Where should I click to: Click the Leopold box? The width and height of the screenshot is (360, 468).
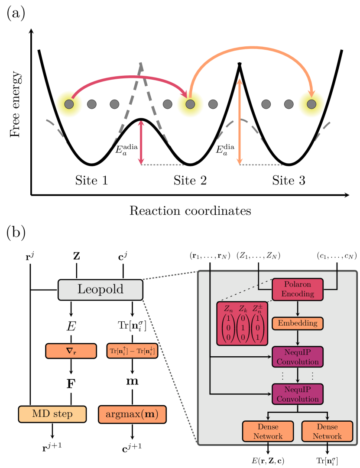point(101,290)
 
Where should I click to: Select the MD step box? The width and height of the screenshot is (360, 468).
point(52,414)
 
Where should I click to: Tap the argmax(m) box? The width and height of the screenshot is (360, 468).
point(132,414)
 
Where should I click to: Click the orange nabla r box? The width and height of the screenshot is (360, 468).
point(71,351)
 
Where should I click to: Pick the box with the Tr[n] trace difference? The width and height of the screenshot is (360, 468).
point(132,351)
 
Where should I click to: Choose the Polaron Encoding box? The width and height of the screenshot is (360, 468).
point(298,289)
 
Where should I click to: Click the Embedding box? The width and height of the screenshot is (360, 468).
point(298,323)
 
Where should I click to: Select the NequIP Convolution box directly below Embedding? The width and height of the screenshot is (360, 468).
point(298,357)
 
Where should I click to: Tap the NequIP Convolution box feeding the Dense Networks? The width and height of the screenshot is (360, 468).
point(298,394)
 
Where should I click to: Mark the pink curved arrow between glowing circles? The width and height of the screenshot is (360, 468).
point(130,78)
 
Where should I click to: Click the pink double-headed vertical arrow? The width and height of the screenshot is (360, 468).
point(141,143)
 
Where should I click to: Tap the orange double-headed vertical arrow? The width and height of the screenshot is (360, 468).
point(240,121)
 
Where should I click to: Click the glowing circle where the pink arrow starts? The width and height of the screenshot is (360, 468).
point(69,104)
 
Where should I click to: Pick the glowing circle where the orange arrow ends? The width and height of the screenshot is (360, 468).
point(311,104)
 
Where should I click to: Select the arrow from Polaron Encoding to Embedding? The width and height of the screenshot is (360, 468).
point(298,309)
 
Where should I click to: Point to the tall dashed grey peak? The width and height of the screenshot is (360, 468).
point(141,69)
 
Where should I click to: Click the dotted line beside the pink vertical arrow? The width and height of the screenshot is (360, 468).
point(164,165)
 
